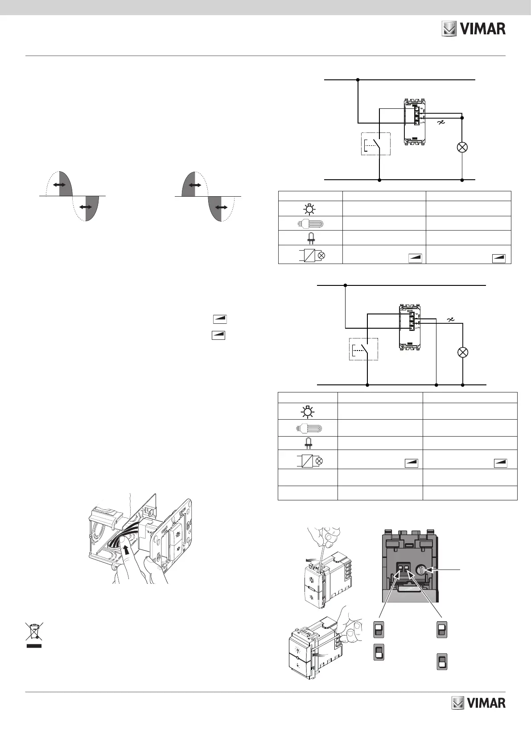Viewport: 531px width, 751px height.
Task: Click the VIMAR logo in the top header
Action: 473,29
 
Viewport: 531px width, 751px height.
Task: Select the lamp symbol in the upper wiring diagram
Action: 462,148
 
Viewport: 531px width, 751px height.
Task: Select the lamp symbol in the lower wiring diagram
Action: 463,352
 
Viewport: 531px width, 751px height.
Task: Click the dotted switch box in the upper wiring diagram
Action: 375,144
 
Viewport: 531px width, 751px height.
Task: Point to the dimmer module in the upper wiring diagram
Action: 414,121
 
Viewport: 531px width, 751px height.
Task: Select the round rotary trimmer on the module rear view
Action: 421,569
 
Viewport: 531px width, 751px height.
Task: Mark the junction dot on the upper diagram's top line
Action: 358,80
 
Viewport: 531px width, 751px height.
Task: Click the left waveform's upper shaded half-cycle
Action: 66,184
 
